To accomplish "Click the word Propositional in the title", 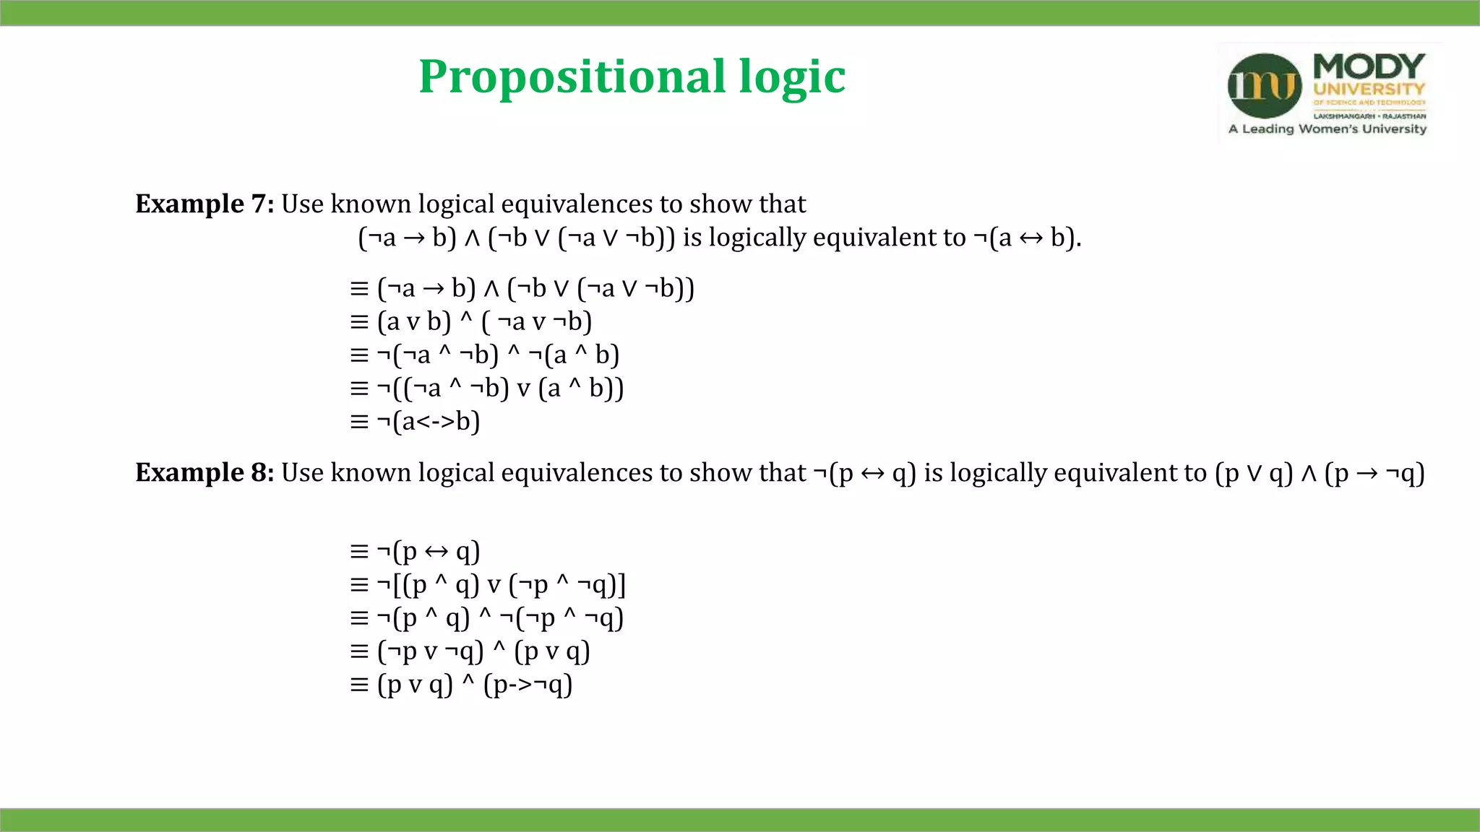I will [x=572, y=77].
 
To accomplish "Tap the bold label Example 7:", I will [x=205, y=204].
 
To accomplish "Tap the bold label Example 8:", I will [x=205, y=473].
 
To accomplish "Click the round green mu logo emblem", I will [x=1264, y=86].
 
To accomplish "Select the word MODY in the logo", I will [x=1369, y=66].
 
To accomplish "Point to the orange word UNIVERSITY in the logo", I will [x=1369, y=90].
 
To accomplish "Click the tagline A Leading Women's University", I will [x=1328, y=129].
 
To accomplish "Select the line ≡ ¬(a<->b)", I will [x=415, y=421].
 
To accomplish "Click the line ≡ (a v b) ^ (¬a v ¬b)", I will [x=470, y=321].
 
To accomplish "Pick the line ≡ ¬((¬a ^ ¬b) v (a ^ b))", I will [x=486, y=389].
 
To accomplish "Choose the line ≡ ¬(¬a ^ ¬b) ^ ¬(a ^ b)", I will [x=484, y=355].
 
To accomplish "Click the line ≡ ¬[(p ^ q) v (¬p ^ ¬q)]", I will [x=488, y=584].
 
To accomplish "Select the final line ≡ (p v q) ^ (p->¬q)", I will [x=461, y=685].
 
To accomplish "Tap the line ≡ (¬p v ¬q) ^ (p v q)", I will [x=470, y=651].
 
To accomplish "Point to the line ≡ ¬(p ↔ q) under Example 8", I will [x=415, y=552].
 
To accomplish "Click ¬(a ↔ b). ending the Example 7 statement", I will [x=1027, y=238].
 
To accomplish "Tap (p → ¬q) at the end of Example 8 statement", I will [x=1374, y=474].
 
